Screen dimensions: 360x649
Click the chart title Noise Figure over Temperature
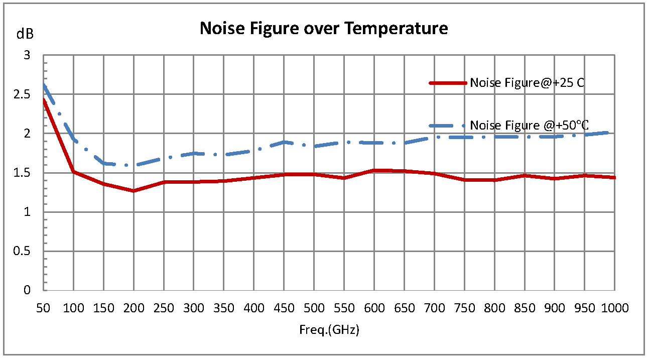[324, 28]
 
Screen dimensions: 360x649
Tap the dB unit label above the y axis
[25, 34]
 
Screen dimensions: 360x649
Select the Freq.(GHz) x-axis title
[330, 330]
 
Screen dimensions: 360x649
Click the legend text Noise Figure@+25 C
[527, 83]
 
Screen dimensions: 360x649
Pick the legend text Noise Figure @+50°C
[529, 126]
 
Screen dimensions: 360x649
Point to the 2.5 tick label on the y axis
[23, 94]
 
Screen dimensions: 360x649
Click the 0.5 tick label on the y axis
[23, 251]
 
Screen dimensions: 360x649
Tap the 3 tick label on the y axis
[28, 55]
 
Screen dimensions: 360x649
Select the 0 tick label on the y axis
[28, 290]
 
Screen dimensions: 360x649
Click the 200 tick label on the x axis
[134, 308]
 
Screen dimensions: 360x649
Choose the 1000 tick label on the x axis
[614, 308]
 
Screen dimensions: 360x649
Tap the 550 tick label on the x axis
[344, 308]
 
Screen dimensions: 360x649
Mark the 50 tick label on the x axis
[44, 308]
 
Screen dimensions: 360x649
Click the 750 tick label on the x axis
[464, 308]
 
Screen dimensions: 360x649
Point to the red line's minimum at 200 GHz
[134, 191]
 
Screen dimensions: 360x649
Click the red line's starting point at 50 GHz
[44, 100]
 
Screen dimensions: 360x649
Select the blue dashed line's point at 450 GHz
[284, 142]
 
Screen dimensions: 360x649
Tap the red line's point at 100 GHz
[74, 172]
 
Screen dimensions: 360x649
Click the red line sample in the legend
[448, 83]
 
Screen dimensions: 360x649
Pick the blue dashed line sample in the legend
[448, 126]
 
